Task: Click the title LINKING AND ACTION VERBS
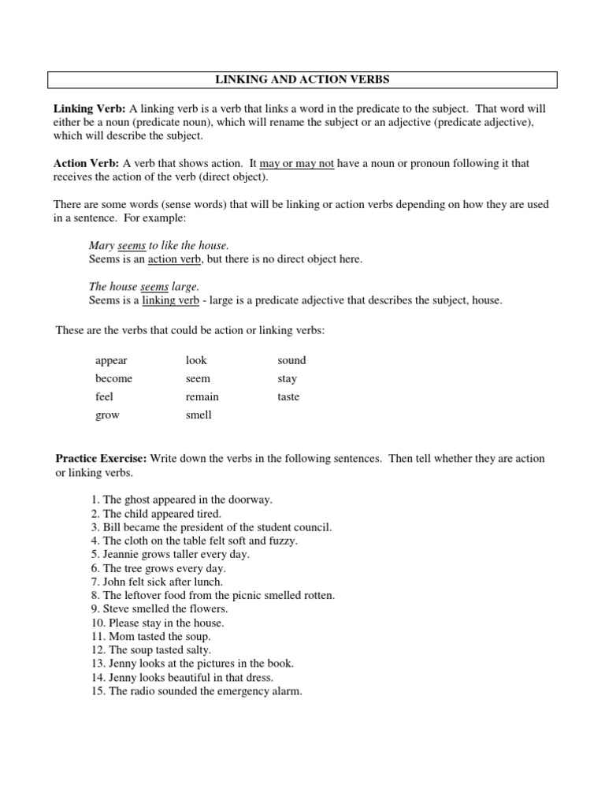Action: (302, 80)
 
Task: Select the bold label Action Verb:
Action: (86, 163)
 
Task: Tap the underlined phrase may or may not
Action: (297, 163)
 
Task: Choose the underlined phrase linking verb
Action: (170, 300)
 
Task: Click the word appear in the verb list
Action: (111, 360)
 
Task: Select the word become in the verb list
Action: (113, 378)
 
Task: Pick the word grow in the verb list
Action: (107, 415)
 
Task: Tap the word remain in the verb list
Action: (202, 396)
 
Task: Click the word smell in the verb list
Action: (199, 415)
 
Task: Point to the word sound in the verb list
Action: (291, 360)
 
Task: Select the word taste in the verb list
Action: (288, 396)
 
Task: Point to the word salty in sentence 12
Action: (196, 650)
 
